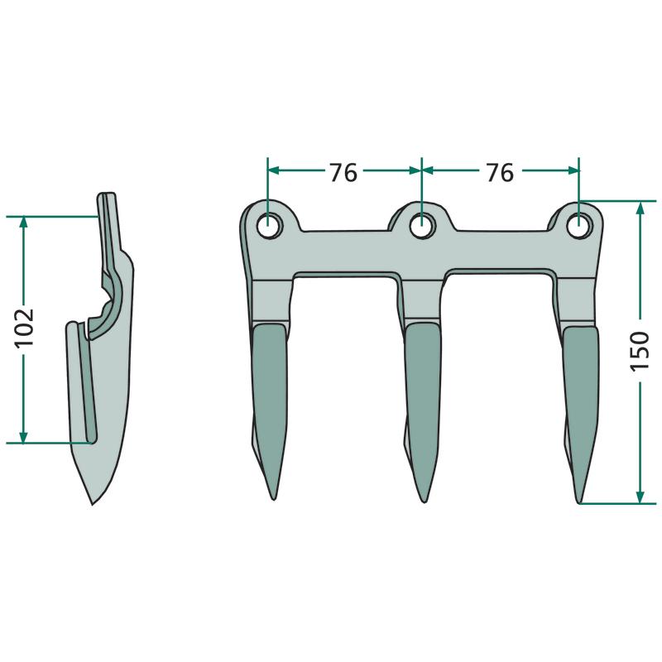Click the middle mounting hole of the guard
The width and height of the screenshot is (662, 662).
(x=422, y=225)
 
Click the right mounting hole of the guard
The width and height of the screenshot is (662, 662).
(x=578, y=225)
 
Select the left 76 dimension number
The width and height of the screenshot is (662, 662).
(x=343, y=172)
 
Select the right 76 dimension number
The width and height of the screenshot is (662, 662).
(x=500, y=172)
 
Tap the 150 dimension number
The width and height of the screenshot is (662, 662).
(x=640, y=351)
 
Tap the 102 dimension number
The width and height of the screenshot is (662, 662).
(x=25, y=328)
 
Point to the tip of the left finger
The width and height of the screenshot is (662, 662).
(x=274, y=500)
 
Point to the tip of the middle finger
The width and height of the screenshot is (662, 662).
(x=425, y=501)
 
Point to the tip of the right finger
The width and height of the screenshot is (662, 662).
(x=579, y=502)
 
